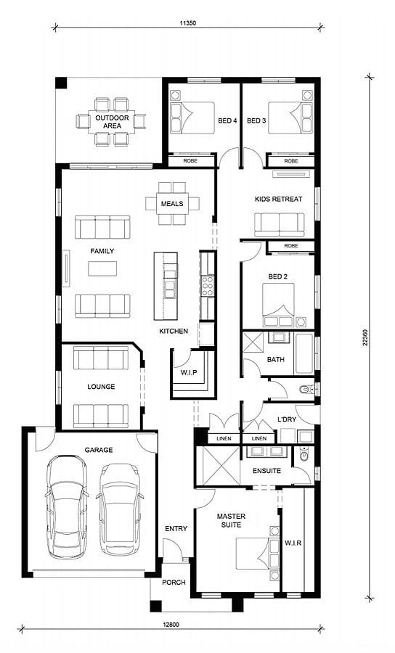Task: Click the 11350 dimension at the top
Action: tap(187, 23)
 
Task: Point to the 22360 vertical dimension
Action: tap(365, 337)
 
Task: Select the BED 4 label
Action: tap(227, 120)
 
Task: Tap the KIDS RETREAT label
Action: tap(278, 199)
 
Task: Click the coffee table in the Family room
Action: tap(102, 268)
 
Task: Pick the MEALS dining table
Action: tap(172, 204)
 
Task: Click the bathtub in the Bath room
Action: tap(304, 353)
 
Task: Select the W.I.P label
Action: tap(189, 372)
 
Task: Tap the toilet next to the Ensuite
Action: tap(304, 456)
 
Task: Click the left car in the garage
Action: tap(67, 506)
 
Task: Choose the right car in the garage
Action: tap(120, 509)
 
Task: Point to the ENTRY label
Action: tap(176, 528)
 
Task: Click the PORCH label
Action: tap(174, 582)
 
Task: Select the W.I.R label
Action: tap(293, 543)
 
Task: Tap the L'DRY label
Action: tap(287, 419)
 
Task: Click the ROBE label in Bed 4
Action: tap(190, 160)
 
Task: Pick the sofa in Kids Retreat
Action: tap(279, 225)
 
